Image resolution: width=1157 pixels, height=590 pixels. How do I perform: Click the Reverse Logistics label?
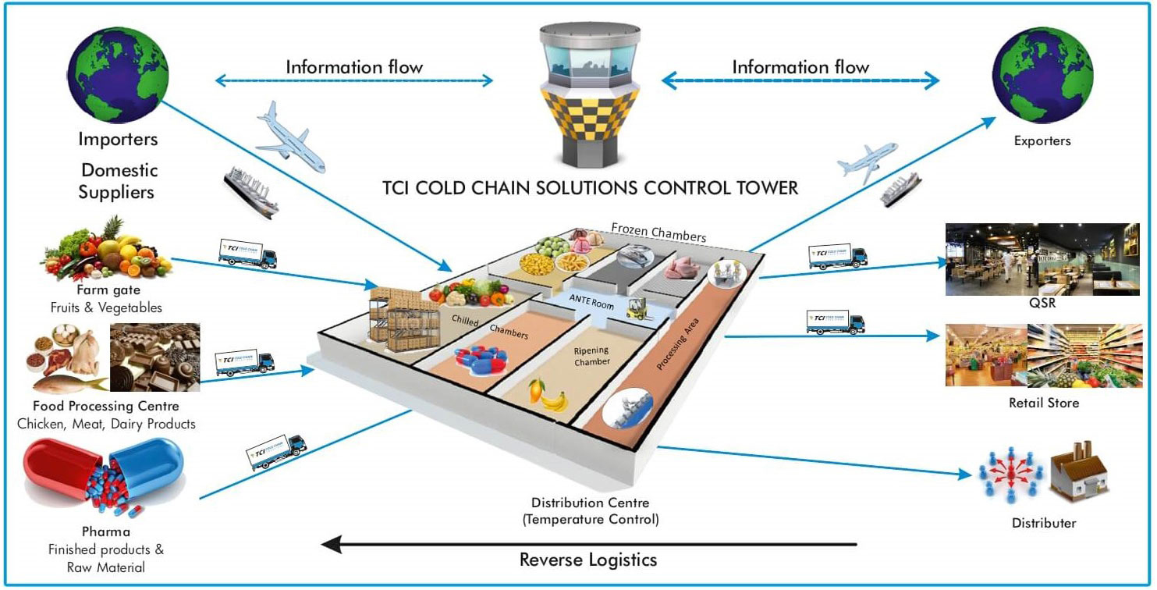pyautogui.click(x=587, y=560)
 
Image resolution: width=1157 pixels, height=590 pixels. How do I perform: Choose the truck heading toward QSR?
pyautogui.click(x=837, y=256)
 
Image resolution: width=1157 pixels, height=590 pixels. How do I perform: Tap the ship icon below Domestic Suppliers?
pyautogui.click(x=251, y=191)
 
